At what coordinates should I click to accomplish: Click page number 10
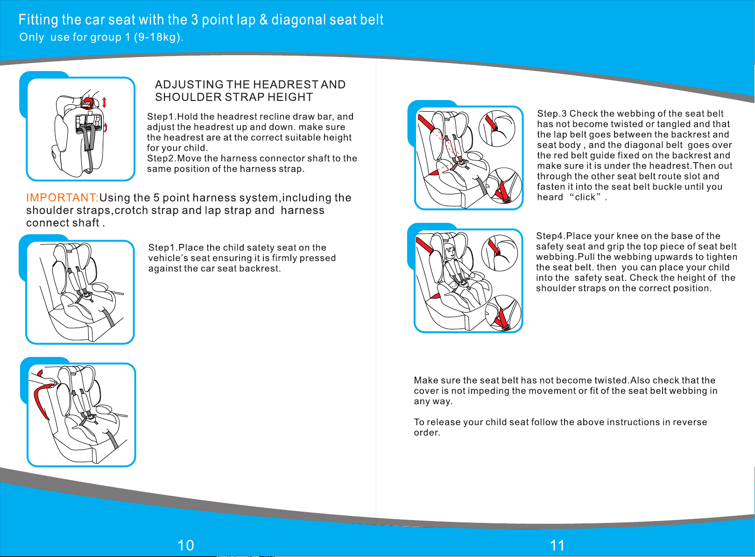point(186,545)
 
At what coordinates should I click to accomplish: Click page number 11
point(557,545)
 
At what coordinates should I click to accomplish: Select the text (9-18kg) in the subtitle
point(158,37)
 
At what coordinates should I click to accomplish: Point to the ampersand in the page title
point(264,20)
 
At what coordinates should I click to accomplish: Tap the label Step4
point(550,236)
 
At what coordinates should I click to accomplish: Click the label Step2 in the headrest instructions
point(161,158)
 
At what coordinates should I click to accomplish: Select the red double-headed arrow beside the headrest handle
point(105,102)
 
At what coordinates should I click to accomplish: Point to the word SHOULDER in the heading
point(189,97)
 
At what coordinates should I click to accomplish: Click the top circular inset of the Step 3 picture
point(497,129)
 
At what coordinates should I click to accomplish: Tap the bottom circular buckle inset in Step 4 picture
point(503,313)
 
